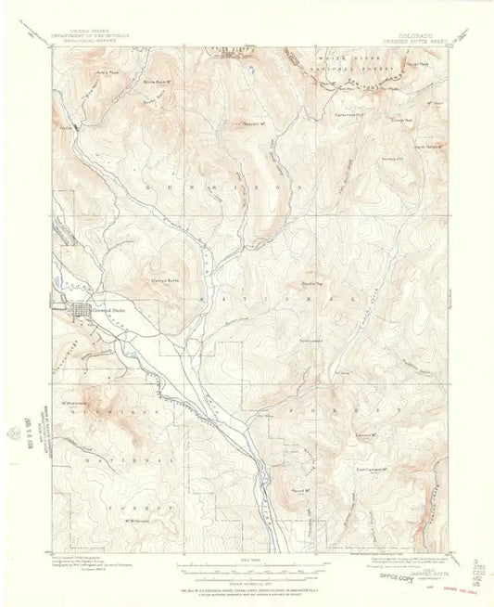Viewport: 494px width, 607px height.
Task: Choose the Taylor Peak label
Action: click(420, 65)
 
